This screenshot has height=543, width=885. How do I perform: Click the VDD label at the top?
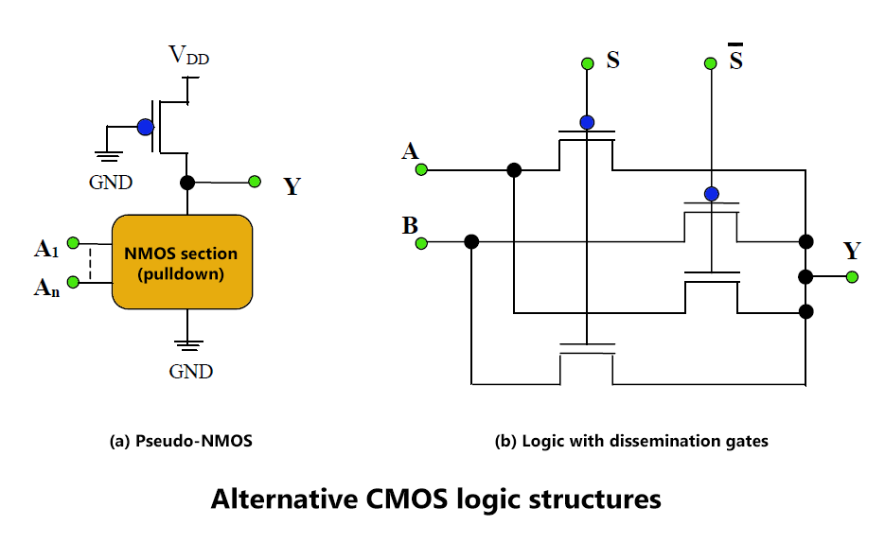[x=188, y=55]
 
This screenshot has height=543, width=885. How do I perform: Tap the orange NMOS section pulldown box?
[x=183, y=262]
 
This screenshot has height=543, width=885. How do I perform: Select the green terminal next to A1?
[x=73, y=243]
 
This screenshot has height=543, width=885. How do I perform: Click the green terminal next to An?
[x=73, y=281]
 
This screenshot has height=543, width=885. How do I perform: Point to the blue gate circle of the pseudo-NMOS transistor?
[x=146, y=128]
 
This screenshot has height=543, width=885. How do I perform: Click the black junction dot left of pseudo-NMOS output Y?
[x=187, y=183]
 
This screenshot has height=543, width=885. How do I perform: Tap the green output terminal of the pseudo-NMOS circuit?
[x=255, y=182]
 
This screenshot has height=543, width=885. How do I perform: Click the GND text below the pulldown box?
[x=191, y=371]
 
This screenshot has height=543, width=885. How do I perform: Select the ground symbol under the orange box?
[x=188, y=344]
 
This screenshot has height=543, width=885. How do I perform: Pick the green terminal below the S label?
[x=588, y=63]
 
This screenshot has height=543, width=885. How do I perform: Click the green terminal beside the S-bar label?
[x=711, y=63]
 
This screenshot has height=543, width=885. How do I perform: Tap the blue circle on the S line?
[x=587, y=122]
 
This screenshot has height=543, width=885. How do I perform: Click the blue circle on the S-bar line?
[x=712, y=194]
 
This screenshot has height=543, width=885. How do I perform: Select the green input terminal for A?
[x=421, y=169]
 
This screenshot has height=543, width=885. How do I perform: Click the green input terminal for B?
[x=421, y=243]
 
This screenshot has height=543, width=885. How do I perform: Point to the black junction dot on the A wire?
[x=514, y=169]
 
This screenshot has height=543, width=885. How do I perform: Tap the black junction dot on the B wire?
[x=471, y=242]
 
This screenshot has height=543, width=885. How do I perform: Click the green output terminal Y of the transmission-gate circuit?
[x=852, y=277]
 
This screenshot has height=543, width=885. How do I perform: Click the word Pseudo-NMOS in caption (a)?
[x=194, y=441]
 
